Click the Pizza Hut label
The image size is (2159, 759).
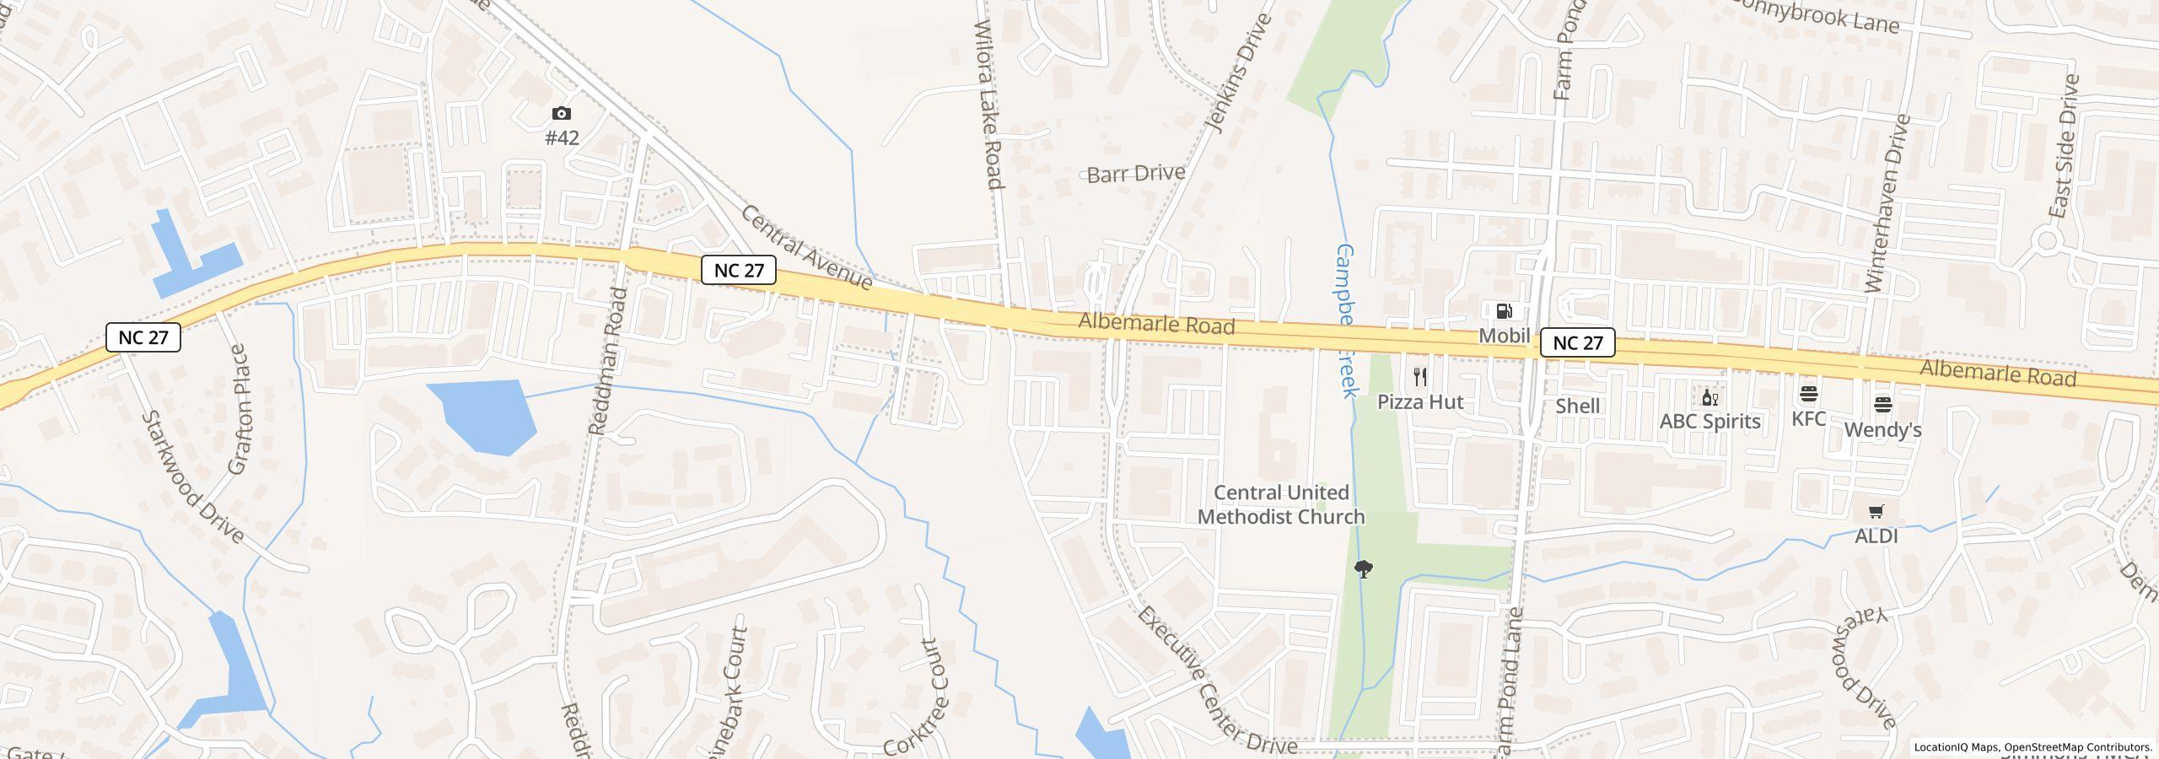click(1420, 402)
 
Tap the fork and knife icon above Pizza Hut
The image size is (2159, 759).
click(1420, 377)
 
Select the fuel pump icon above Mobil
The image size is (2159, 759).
click(1504, 311)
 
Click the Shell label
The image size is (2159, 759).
click(1577, 406)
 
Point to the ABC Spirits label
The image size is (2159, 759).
click(1709, 422)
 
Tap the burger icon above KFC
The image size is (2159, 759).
click(1808, 394)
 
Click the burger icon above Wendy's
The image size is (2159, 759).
click(1882, 405)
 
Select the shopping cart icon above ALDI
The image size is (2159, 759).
click(1876, 511)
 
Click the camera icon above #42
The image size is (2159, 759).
click(561, 114)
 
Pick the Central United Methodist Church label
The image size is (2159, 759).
click(1281, 504)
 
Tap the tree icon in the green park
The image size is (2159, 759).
click(1363, 569)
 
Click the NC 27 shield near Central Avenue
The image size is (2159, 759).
click(739, 270)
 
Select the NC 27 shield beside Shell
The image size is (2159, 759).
click(1577, 342)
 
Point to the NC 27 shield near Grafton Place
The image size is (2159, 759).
click(143, 337)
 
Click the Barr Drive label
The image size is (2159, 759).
click(1135, 175)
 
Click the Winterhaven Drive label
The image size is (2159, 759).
click(1887, 204)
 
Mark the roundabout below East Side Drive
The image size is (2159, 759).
click(2047, 242)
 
